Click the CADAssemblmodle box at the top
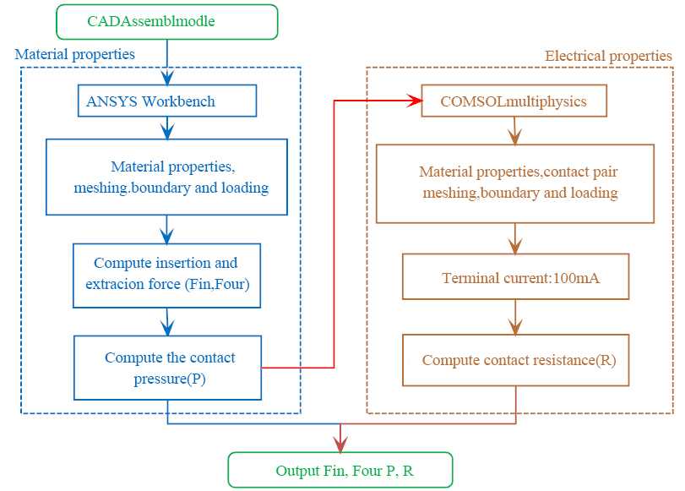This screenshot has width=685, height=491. point(166,21)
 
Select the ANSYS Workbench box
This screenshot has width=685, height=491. point(166,101)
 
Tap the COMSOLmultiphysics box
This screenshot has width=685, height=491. point(514,102)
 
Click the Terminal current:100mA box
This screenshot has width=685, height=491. point(516,277)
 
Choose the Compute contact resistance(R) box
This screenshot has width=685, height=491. point(516,360)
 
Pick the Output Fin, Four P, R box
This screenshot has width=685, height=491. point(340,471)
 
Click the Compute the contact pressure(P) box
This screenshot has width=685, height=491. point(167,368)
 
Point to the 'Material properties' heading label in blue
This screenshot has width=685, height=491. point(74,54)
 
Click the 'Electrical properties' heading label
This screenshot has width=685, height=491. point(608,56)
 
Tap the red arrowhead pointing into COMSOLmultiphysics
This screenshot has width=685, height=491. point(415,102)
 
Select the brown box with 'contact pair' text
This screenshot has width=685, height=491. point(515,183)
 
